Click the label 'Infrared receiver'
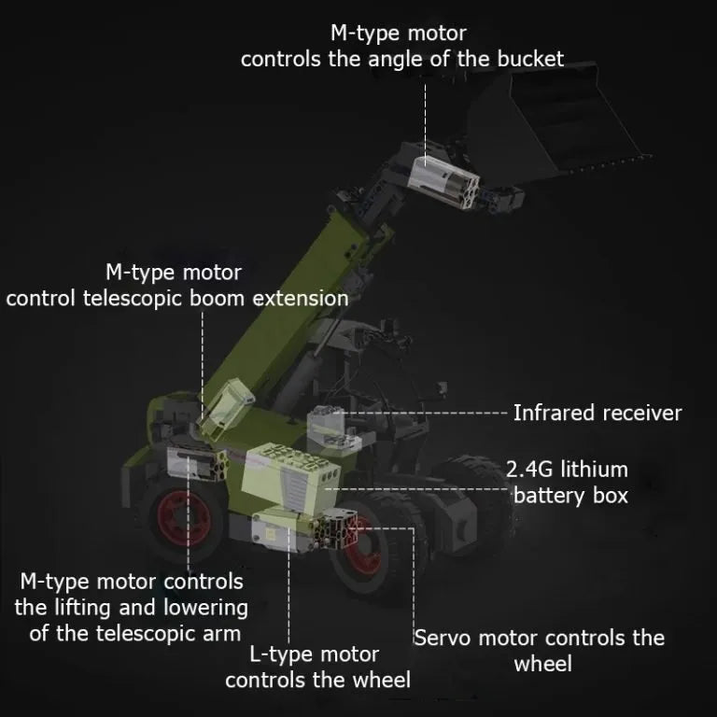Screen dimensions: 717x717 597,413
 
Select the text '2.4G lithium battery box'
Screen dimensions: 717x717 567,481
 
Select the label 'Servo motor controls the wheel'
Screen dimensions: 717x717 540,650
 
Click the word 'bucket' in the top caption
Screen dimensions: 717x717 529,59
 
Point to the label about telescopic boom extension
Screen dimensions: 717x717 177,286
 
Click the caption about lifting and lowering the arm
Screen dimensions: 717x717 132,608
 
